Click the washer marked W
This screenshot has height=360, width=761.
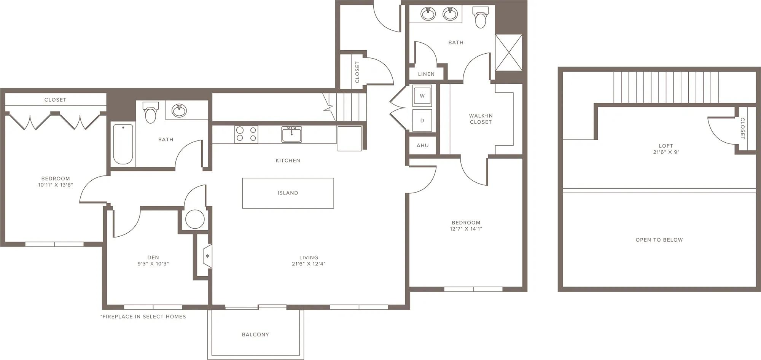pos(422,96)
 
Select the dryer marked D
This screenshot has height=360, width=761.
pos(422,120)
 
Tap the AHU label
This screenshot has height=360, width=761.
pos(422,145)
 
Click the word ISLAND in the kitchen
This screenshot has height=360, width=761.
pos(288,193)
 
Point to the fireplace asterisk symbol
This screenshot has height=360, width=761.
pos(208,256)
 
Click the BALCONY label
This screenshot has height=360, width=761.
pos(255,335)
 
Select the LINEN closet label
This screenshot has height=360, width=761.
pos(426,74)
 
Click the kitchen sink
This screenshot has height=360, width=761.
pos(291,134)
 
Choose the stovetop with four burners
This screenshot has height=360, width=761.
pos(246,134)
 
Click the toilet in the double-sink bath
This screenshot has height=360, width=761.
pos(481,17)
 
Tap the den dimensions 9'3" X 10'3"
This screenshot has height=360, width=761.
pos(153,264)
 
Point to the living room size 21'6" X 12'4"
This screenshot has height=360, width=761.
pos(309,264)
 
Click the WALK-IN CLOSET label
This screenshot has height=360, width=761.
pos(481,119)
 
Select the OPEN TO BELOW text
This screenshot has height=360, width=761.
pos(659,240)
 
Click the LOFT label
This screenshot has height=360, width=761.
pos(666,146)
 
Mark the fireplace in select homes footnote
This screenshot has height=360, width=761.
pos(143,317)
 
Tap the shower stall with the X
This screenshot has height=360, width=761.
pos(509,52)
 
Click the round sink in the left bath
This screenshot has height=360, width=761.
pos(179,111)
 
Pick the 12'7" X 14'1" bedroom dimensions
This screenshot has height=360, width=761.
pos(466,229)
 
